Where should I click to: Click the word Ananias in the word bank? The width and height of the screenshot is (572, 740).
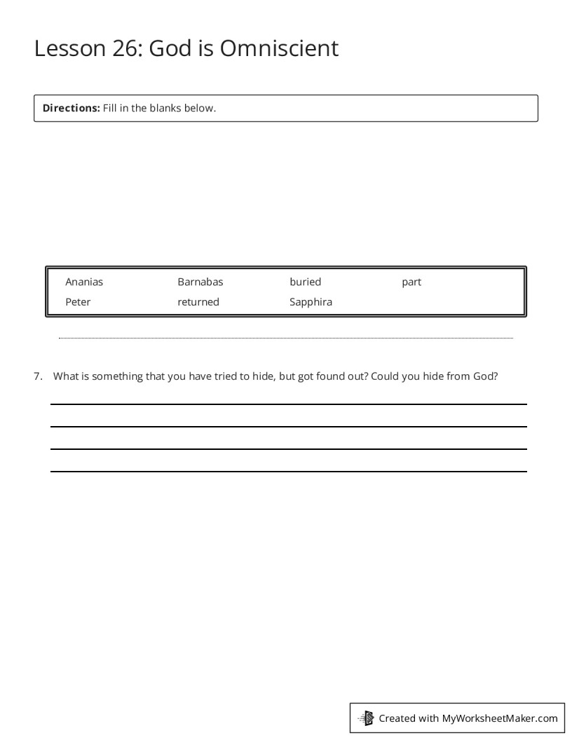[x=84, y=282]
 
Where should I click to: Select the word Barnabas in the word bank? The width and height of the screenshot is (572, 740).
[x=200, y=282]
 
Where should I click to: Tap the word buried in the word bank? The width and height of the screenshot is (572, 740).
[x=305, y=282]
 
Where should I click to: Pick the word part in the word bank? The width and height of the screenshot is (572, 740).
[x=411, y=282]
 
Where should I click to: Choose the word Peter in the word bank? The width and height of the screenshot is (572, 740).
[x=78, y=302]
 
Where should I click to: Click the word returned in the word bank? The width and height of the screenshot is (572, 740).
[x=198, y=302]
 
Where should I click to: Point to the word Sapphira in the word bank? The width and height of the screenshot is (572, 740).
[x=311, y=302]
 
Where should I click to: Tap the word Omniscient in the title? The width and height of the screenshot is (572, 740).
[x=279, y=48]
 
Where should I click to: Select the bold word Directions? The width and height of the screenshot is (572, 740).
[x=71, y=108]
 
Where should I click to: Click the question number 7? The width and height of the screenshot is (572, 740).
[x=38, y=376]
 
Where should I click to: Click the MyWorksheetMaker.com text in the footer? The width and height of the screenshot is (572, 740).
[x=500, y=718]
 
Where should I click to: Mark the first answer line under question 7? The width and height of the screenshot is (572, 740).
[x=288, y=404]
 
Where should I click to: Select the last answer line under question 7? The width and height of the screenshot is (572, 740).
[x=288, y=472]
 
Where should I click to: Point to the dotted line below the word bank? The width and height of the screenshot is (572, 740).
[x=286, y=338]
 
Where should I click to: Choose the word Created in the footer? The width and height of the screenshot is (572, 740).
[x=397, y=718]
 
